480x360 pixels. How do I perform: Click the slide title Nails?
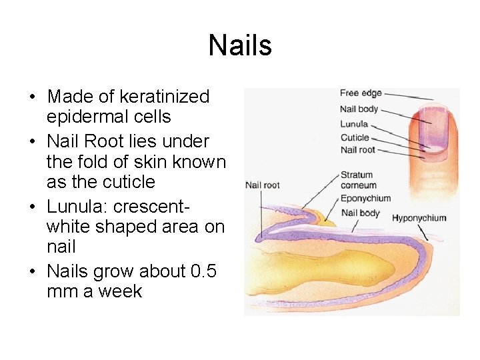click(240, 46)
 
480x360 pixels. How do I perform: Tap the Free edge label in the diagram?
click(361, 93)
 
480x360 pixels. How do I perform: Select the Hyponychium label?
click(419, 218)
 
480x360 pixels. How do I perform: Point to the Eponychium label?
click(365, 198)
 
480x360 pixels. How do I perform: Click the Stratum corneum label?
click(358, 180)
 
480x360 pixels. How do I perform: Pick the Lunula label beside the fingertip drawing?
click(354, 124)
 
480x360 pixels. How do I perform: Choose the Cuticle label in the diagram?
click(355, 137)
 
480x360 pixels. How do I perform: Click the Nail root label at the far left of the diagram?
click(263, 185)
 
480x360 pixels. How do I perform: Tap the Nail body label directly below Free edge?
click(359, 109)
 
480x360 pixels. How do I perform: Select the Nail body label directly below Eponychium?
click(360, 213)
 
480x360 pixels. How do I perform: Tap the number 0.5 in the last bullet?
click(200, 272)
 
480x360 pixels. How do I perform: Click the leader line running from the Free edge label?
click(410, 97)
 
